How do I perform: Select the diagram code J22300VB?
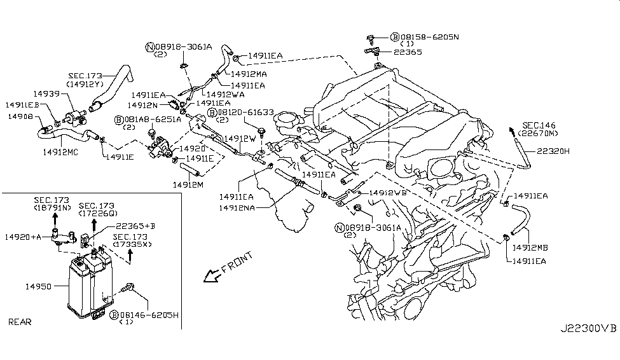click(x=588, y=346)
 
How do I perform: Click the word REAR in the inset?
click(x=20, y=322)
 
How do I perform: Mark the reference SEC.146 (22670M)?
click(x=539, y=129)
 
